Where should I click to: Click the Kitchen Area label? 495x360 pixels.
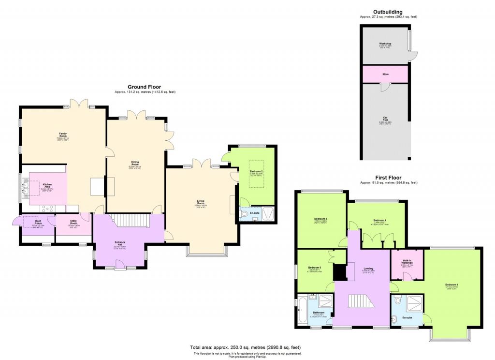(x=47, y=185)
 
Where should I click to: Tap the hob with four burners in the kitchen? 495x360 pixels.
(x=48, y=209)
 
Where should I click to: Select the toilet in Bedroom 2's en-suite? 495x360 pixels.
(x=244, y=213)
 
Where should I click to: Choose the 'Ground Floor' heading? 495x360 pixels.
(x=144, y=87)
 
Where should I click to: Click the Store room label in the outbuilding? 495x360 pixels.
(x=385, y=74)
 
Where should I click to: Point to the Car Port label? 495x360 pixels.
(x=385, y=119)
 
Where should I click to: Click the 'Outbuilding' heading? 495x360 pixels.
(x=388, y=12)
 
